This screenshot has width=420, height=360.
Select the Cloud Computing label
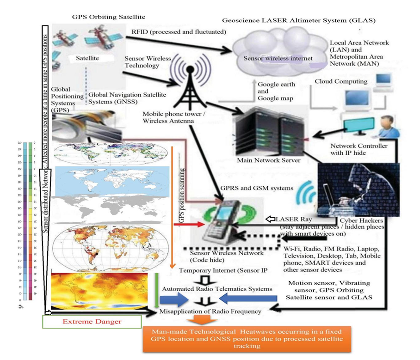341,81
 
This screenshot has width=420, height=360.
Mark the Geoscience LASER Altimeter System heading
299,21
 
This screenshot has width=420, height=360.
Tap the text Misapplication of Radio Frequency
210,311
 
